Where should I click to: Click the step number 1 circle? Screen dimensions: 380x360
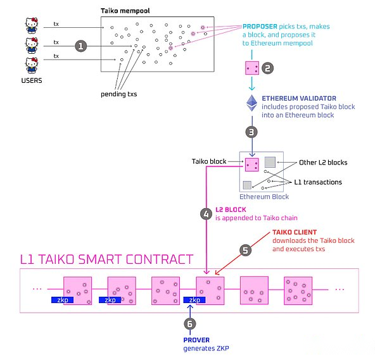click(x=80, y=46)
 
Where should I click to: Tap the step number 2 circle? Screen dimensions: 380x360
click(x=267, y=68)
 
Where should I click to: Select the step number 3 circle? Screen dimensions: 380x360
click(x=251, y=132)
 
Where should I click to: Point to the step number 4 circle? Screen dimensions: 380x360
click(x=206, y=214)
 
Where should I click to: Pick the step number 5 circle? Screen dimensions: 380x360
click(x=245, y=250)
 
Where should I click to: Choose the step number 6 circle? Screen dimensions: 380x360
click(x=190, y=324)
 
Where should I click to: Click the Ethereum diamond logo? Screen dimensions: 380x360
click(x=252, y=103)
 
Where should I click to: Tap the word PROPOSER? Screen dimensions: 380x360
click(x=260, y=27)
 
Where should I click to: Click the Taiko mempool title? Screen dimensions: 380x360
click(x=125, y=11)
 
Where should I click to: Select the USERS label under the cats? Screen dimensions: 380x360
click(x=32, y=80)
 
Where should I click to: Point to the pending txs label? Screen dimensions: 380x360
click(x=119, y=94)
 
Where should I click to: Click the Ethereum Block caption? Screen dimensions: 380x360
click(x=264, y=197)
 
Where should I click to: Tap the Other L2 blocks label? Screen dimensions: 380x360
click(x=323, y=163)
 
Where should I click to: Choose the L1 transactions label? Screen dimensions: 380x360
click(x=318, y=182)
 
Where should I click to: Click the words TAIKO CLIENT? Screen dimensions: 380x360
click(x=294, y=232)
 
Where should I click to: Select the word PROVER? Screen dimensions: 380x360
click(x=196, y=340)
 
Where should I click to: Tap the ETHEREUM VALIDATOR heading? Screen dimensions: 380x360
click(x=299, y=98)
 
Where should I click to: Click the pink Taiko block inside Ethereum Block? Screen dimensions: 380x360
click(x=252, y=164)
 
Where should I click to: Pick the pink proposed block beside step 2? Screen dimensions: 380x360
click(x=252, y=68)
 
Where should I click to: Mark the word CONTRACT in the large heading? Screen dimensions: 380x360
click(x=160, y=259)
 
